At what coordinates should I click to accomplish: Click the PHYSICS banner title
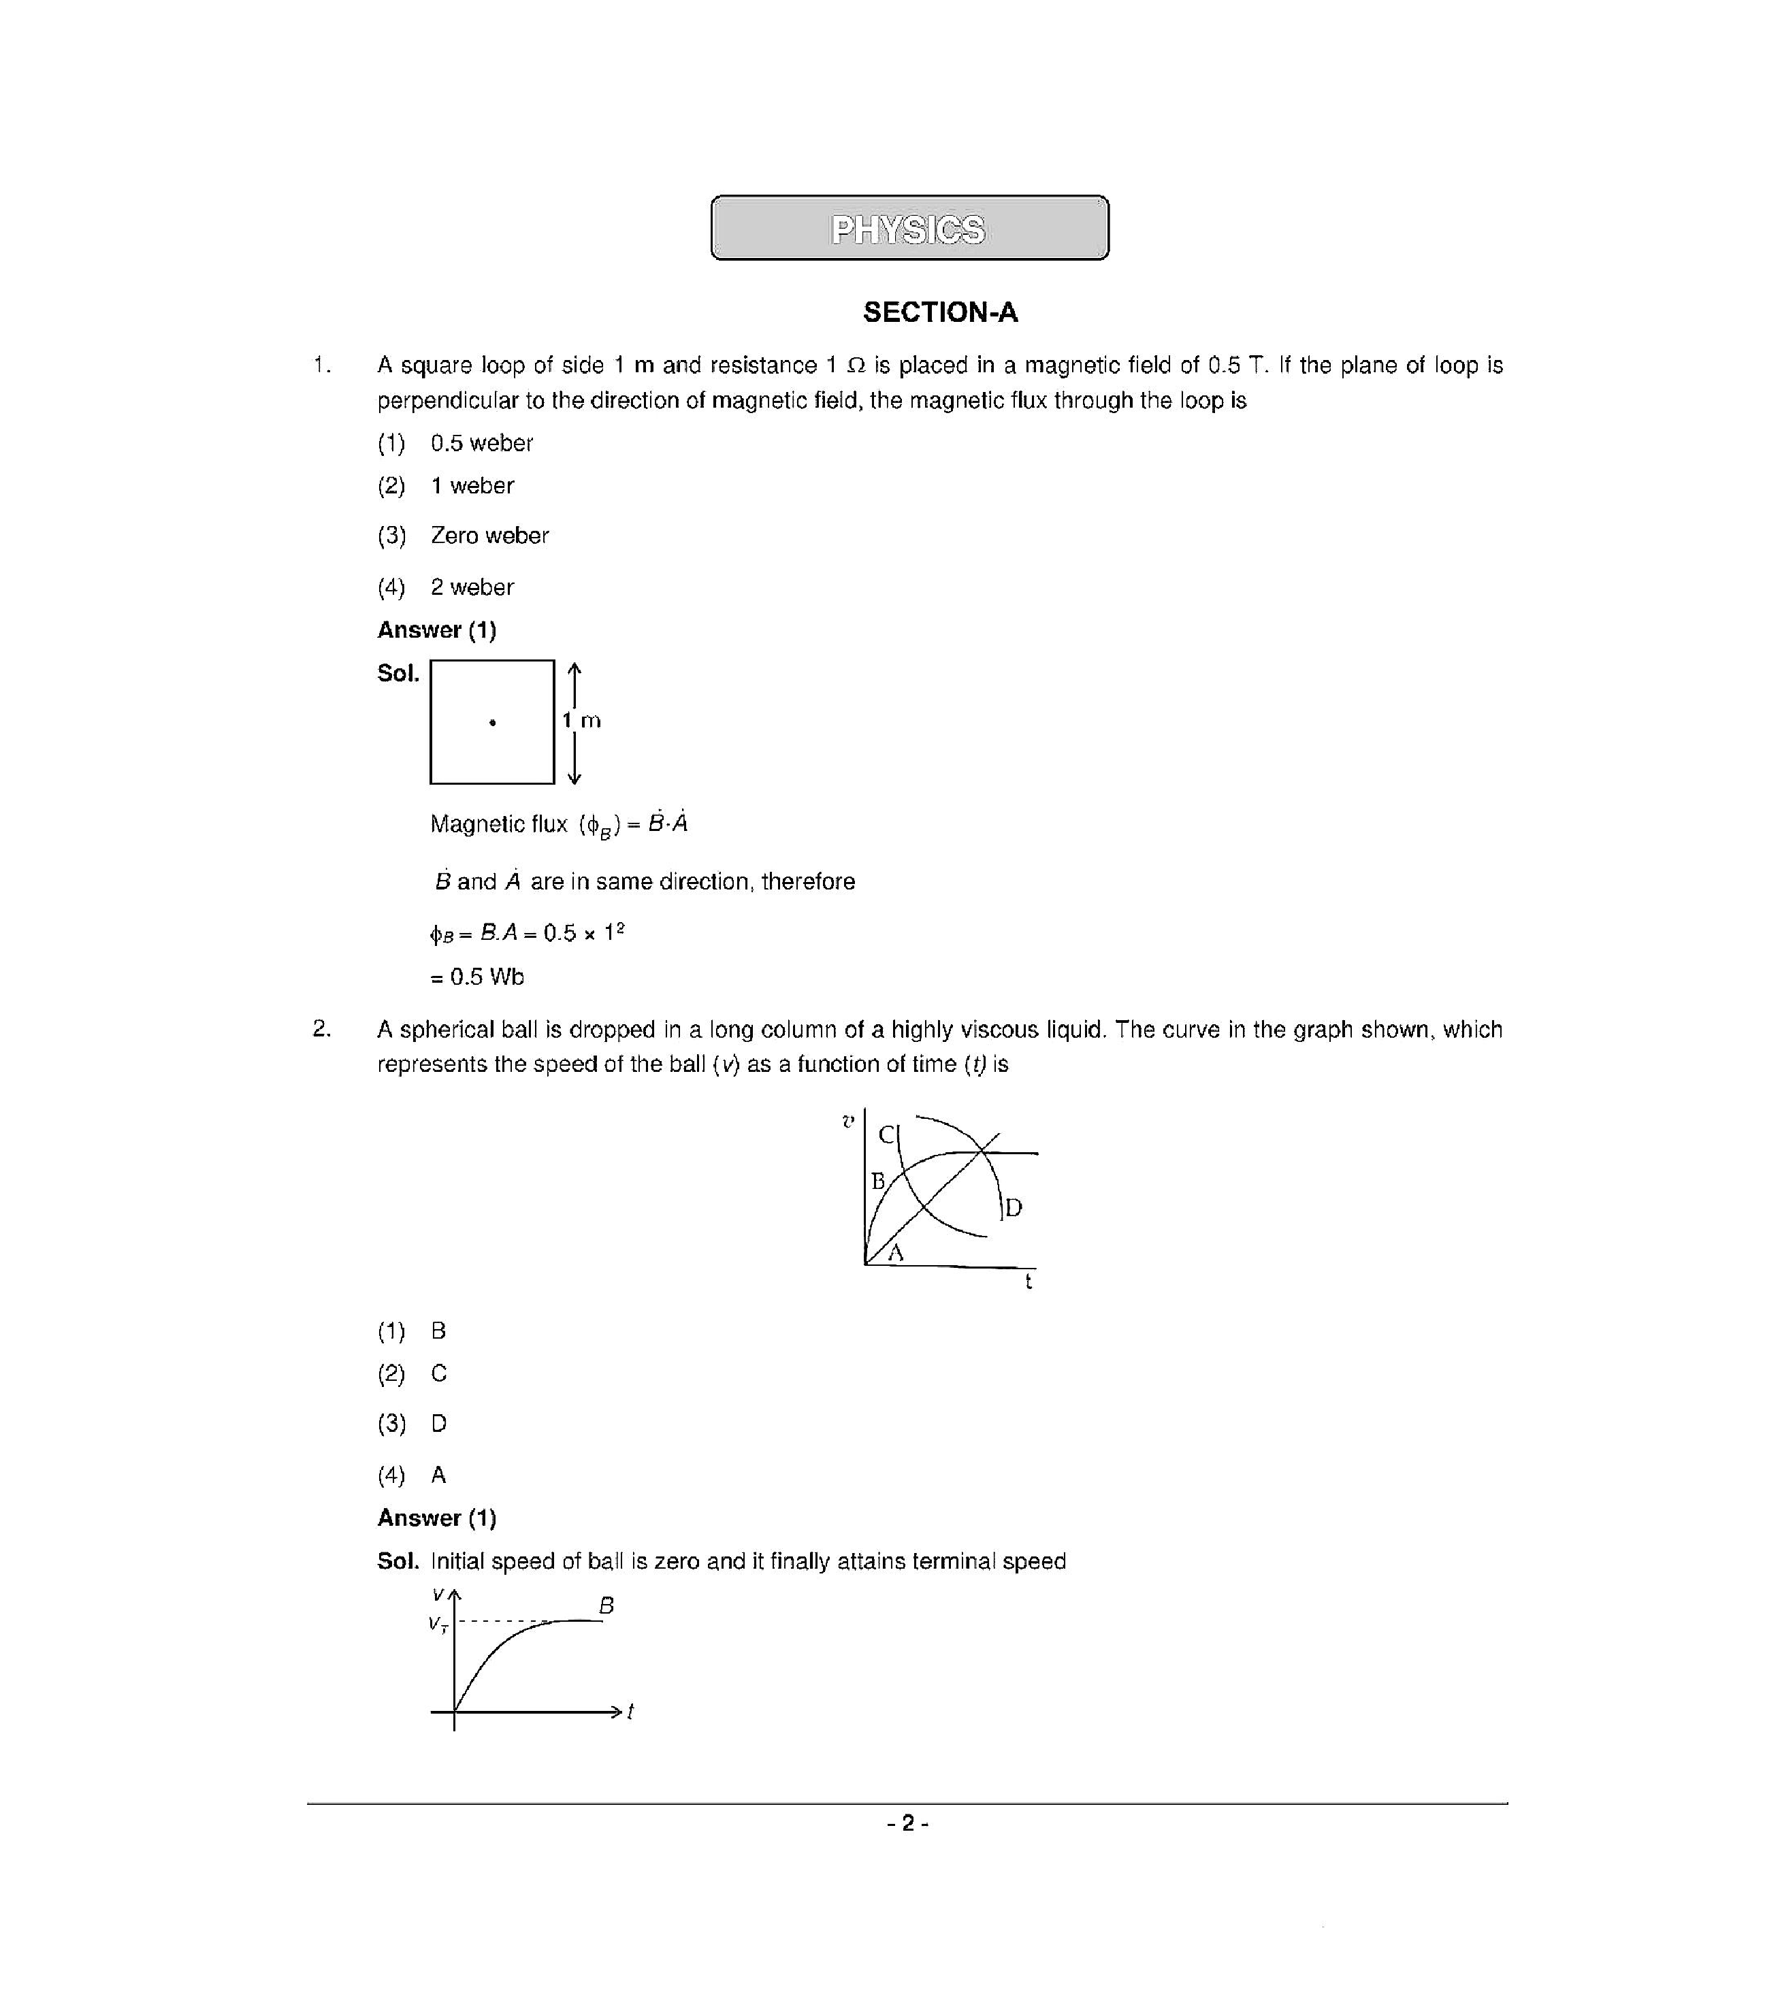click(907, 230)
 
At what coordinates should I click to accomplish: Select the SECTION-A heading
click(939, 312)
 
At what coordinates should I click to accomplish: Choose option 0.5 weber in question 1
click(481, 443)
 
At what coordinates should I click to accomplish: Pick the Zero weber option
click(489, 536)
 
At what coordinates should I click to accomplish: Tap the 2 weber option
click(471, 588)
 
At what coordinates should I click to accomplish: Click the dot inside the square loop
click(492, 723)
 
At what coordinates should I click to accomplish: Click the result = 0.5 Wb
click(478, 977)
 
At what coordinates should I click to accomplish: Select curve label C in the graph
click(886, 1135)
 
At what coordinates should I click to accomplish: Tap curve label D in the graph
click(1014, 1207)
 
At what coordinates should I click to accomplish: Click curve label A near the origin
click(895, 1253)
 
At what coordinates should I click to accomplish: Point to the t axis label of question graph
click(1028, 1281)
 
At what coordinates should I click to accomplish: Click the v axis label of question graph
click(848, 1120)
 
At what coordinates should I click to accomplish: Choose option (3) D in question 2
click(438, 1423)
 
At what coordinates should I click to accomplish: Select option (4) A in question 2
click(438, 1475)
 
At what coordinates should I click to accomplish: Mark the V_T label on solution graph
click(438, 1624)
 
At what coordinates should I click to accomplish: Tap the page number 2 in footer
click(908, 1823)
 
